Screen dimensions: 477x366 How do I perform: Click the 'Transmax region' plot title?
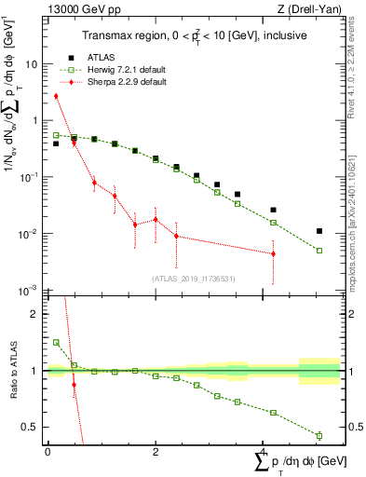pos(190,34)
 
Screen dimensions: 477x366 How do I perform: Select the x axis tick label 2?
pos(156,452)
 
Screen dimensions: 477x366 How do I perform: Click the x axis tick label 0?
pos(47,452)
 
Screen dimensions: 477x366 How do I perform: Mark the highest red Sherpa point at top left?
pos(56,96)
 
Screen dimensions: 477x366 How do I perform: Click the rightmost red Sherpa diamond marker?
pos(273,253)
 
